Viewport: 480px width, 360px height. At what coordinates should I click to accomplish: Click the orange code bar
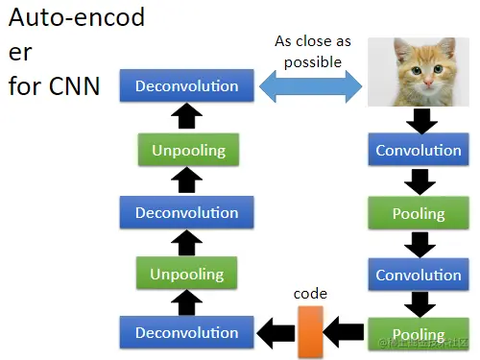[x=310, y=331]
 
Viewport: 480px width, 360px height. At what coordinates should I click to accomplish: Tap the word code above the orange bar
[x=310, y=294]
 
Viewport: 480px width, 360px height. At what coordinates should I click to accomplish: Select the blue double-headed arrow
[x=310, y=86]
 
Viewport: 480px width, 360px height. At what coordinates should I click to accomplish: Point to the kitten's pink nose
[x=428, y=84]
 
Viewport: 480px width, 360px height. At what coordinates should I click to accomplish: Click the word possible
[x=313, y=62]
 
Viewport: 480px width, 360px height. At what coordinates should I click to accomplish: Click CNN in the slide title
[x=74, y=86]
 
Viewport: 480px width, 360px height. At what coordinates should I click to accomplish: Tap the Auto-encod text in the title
[x=77, y=17]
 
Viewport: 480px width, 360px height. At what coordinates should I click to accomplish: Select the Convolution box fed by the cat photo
[x=419, y=150]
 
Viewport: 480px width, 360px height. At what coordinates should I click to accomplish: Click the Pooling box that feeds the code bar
[x=419, y=334]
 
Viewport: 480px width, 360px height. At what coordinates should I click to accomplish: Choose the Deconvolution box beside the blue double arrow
[x=187, y=85]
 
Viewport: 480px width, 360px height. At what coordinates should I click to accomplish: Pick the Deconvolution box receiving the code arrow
[x=187, y=332]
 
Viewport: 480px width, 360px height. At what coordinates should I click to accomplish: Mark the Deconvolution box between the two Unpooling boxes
[x=187, y=212]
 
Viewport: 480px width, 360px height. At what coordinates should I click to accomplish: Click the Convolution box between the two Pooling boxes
[x=419, y=275]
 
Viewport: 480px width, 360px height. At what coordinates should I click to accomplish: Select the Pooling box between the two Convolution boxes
[x=419, y=213]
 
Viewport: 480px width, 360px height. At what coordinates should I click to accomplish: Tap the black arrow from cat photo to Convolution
[x=421, y=121]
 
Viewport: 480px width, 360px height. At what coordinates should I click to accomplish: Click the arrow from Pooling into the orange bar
[x=344, y=332]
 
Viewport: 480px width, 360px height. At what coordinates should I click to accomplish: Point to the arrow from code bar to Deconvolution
[x=276, y=333]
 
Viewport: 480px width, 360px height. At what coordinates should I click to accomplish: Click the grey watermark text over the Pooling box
[x=423, y=343]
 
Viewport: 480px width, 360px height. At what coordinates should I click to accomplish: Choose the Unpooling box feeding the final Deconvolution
[x=188, y=150]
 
